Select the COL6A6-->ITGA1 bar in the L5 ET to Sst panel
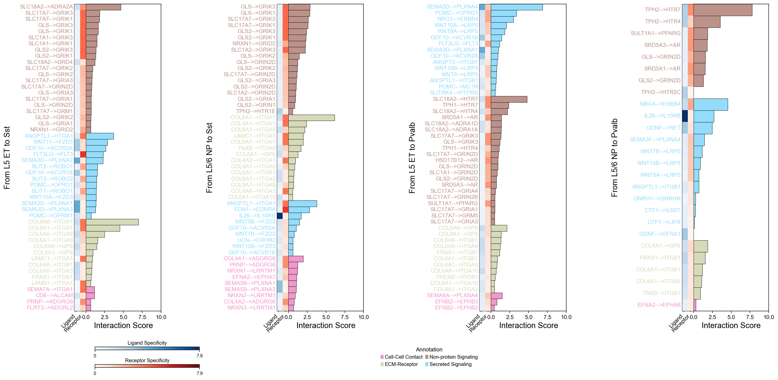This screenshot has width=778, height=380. click(x=112, y=222)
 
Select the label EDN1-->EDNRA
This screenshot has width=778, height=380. click(x=255, y=209)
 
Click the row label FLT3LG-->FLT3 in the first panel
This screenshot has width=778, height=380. click(x=53, y=154)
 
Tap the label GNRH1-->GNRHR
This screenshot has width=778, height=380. click(x=657, y=198)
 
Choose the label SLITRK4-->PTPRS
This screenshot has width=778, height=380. click(x=454, y=93)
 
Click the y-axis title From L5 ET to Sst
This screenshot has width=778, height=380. click(x=7, y=158)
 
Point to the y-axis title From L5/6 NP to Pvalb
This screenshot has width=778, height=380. click(x=614, y=158)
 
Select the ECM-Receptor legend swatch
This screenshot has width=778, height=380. click(x=382, y=364)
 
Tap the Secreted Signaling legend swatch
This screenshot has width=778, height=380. click(x=427, y=364)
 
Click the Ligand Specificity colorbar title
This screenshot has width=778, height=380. click(x=147, y=343)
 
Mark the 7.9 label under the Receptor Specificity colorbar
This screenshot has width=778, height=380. click(x=199, y=373)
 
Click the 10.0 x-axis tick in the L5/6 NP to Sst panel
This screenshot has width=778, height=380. click(x=363, y=317)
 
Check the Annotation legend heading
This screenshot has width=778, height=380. click(x=429, y=350)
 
